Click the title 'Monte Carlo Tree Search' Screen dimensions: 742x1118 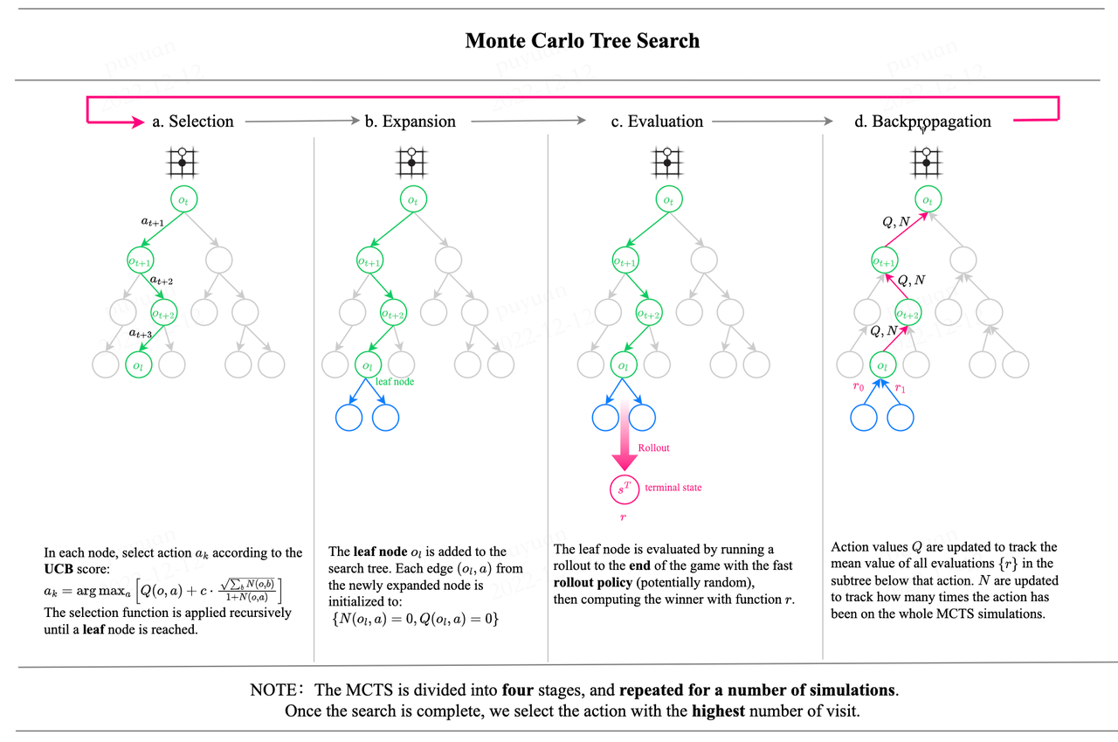(x=582, y=40)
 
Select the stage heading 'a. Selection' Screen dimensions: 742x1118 (x=192, y=121)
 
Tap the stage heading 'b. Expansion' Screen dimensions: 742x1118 (x=410, y=121)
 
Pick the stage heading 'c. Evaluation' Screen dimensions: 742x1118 (x=657, y=121)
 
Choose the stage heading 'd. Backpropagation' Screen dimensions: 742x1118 (x=922, y=121)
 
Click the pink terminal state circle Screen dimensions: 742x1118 (x=623, y=489)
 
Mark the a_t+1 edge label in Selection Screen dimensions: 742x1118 (x=153, y=223)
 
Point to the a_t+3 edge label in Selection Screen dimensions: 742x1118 (x=141, y=333)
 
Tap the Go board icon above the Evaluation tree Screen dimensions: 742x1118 (x=668, y=161)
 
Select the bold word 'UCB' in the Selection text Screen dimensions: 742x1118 (x=60, y=569)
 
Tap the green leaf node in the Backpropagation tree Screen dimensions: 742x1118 (x=884, y=365)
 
